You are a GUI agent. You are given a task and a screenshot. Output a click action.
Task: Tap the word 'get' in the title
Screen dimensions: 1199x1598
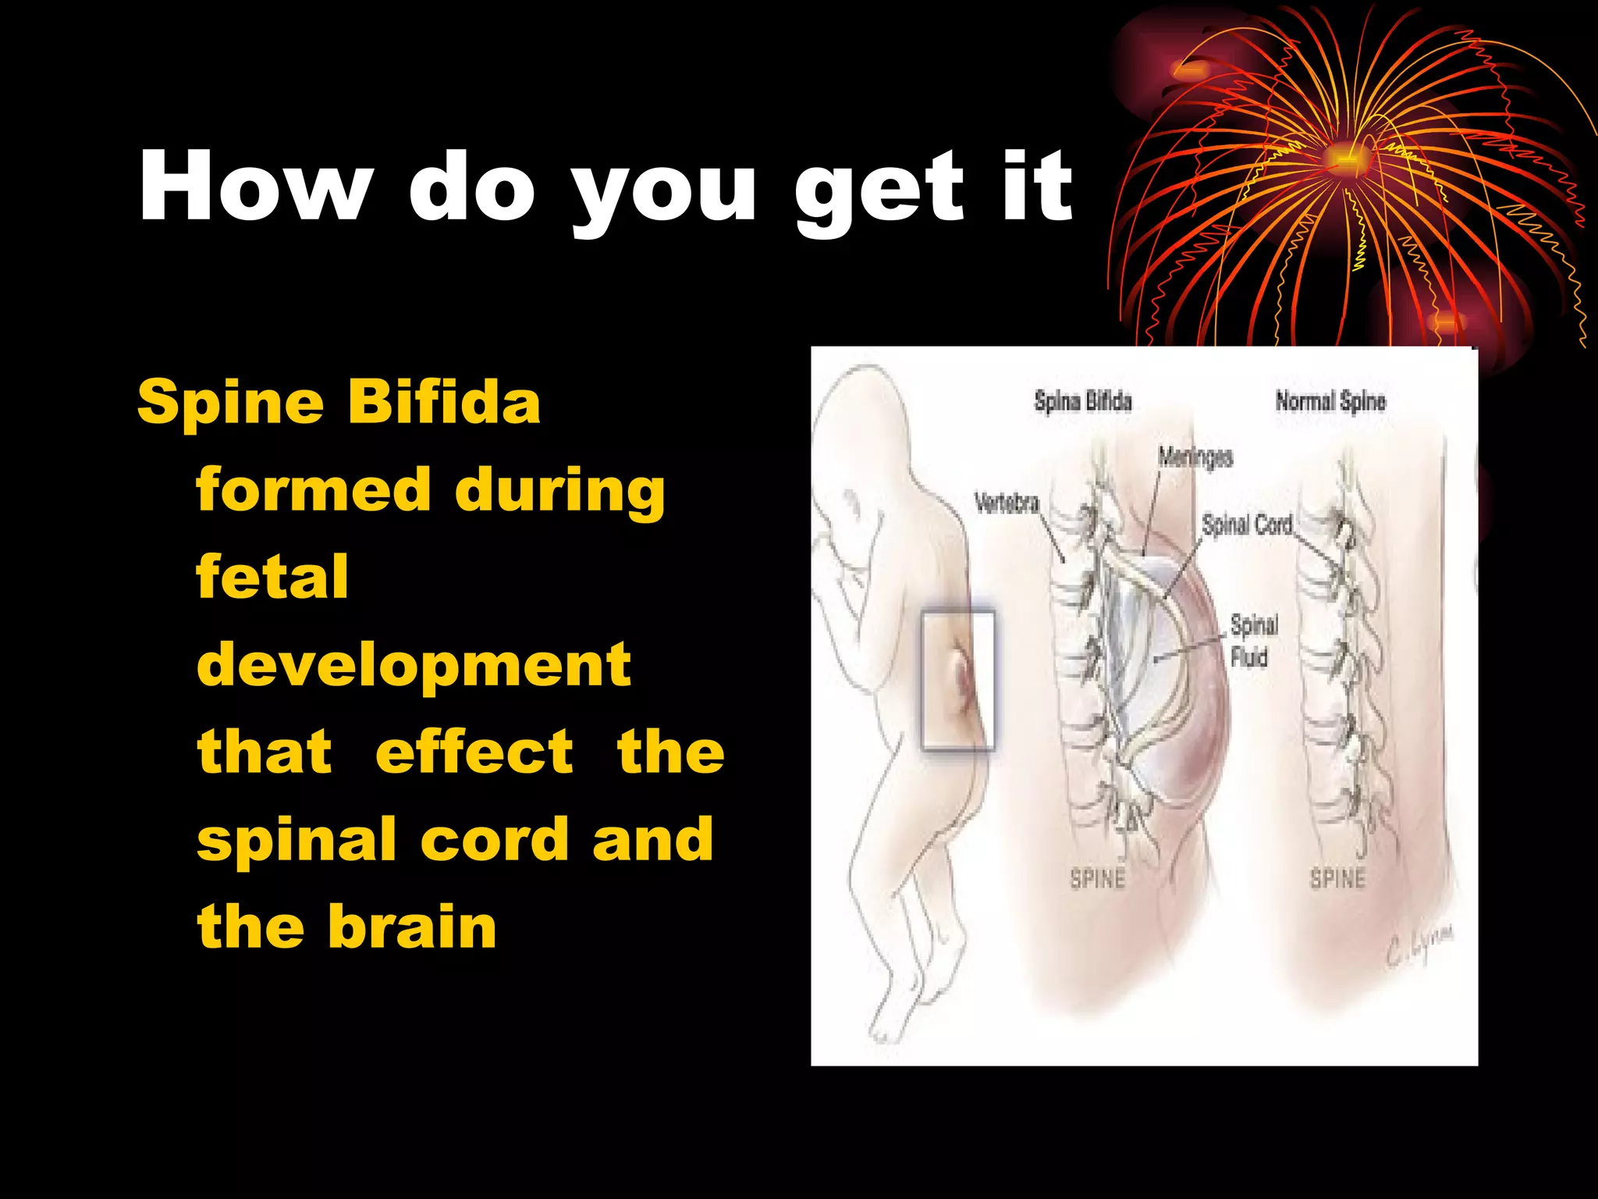(x=879, y=191)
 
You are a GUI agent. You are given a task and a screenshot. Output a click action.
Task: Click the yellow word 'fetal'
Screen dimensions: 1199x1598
(x=272, y=577)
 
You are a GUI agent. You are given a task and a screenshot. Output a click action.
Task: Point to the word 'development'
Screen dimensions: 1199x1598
(x=414, y=665)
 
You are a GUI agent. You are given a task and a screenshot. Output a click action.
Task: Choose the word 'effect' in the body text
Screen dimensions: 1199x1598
(x=474, y=752)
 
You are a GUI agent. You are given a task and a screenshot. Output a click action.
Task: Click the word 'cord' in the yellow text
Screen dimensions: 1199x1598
(x=495, y=839)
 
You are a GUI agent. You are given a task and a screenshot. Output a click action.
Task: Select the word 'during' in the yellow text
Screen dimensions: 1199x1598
(x=559, y=490)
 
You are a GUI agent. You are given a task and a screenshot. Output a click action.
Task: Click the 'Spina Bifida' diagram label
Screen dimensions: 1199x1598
(x=1082, y=401)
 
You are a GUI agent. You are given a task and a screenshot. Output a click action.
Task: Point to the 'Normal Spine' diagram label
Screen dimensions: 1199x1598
(x=1330, y=401)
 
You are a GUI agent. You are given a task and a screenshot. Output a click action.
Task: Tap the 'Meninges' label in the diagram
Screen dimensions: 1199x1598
(x=1195, y=457)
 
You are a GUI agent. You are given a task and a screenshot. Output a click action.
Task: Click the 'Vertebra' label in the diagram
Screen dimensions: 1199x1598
(x=1007, y=503)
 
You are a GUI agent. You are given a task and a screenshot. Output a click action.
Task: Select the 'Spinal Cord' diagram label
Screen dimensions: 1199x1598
(x=1246, y=525)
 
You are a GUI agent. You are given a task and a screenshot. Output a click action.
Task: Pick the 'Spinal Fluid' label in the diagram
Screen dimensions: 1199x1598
(x=1254, y=641)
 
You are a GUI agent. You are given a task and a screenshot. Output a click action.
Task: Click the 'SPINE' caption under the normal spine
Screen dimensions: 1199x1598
(x=1337, y=879)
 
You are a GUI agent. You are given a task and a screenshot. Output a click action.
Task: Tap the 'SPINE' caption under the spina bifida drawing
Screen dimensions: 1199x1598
(x=1097, y=879)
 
